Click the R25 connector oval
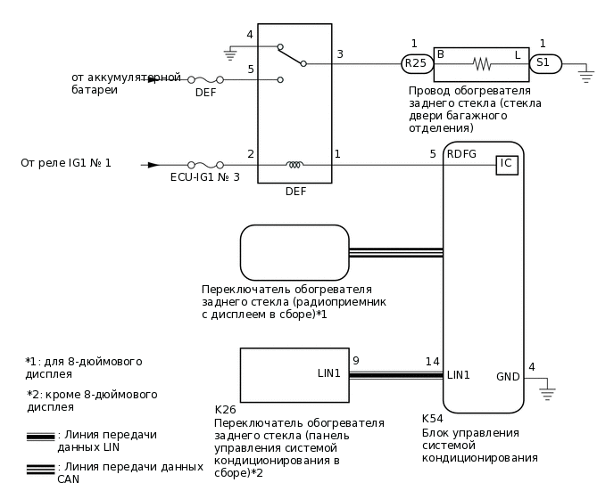(416, 63)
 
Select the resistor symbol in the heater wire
(482, 63)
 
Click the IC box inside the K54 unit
(506, 164)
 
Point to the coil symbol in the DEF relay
(294, 164)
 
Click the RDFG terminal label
(461, 153)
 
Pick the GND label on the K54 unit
(508, 377)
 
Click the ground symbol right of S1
(586, 75)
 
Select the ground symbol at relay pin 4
(229, 54)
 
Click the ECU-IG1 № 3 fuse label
(204, 178)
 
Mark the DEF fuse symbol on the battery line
(205, 79)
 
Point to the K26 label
(226, 410)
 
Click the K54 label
(433, 417)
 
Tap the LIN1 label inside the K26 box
(328, 372)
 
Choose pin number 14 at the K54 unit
(432, 361)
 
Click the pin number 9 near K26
(355, 361)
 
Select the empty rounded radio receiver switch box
(294, 252)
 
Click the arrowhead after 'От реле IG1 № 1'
(153, 164)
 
